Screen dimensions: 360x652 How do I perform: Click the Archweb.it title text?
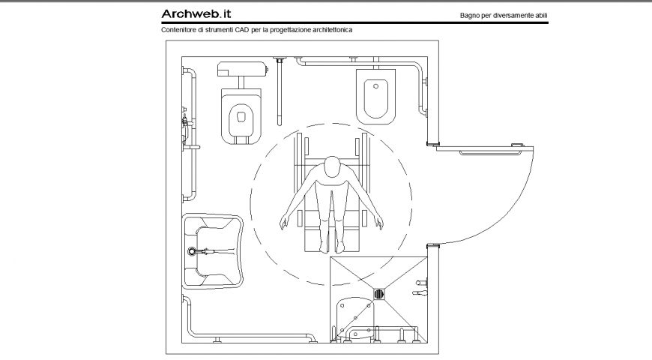click(x=196, y=13)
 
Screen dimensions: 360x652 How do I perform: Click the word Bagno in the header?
click(x=472, y=15)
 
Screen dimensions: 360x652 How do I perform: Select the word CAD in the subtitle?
click(x=239, y=31)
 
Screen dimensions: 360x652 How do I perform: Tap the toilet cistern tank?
click(x=241, y=70)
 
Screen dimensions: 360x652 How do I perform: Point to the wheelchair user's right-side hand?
click(x=378, y=223)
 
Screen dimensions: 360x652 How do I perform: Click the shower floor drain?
click(x=379, y=295)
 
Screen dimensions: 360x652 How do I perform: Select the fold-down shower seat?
click(x=354, y=315)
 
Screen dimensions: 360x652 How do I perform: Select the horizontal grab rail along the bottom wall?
click(x=251, y=334)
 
